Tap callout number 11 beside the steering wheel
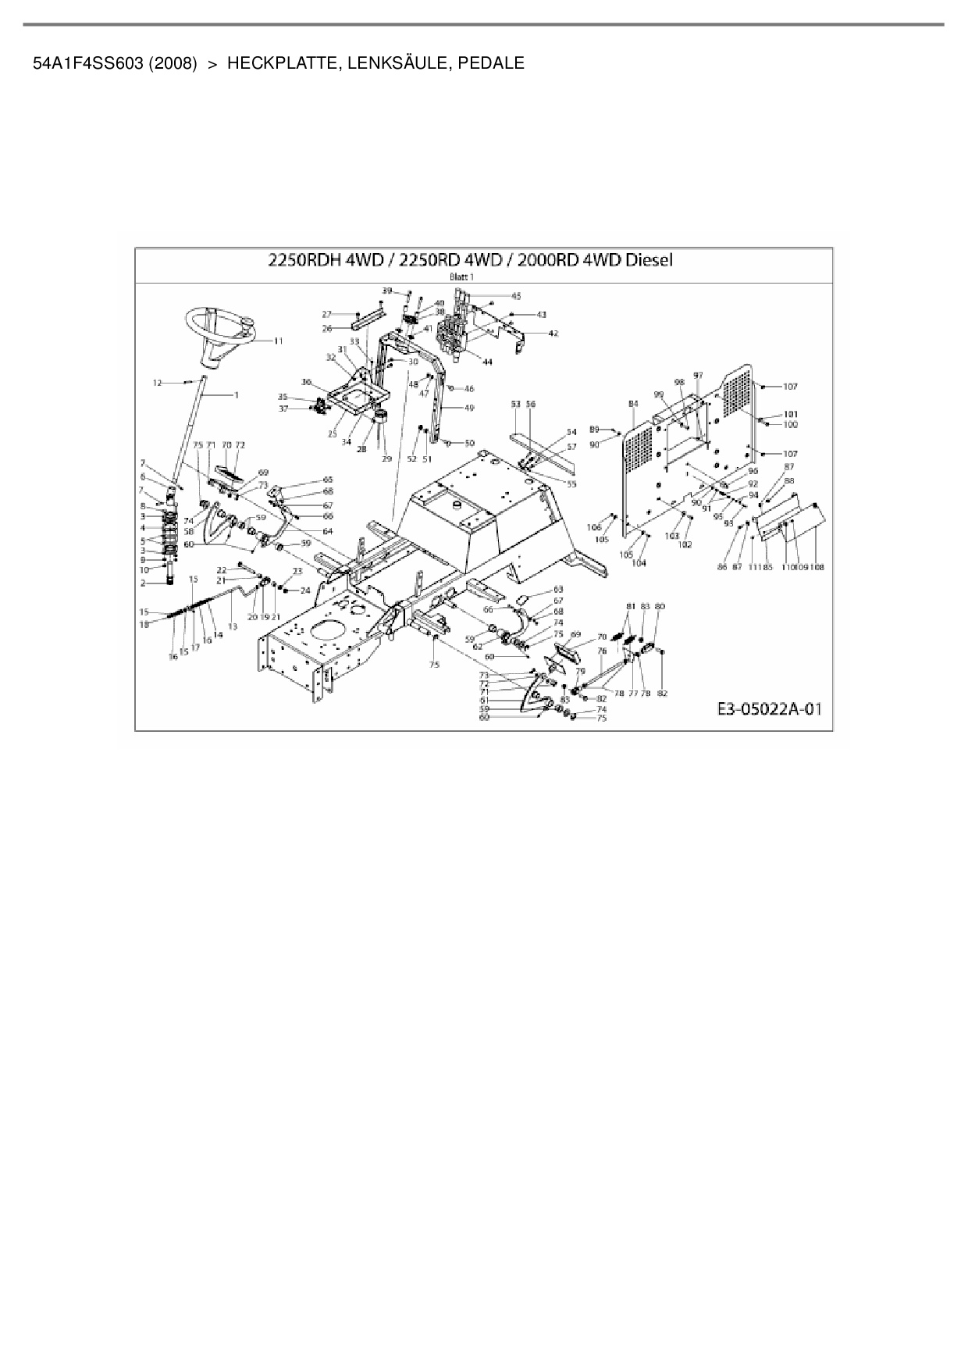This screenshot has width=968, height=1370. (279, 341)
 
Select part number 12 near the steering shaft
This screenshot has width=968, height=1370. (157, 383)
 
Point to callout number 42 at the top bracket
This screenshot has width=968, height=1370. (553, 333)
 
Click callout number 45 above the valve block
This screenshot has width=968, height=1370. (516, 296)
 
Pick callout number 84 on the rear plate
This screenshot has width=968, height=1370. (633, 403)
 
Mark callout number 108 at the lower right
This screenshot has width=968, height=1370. (817, 567)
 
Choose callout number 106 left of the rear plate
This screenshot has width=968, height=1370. (594, 527)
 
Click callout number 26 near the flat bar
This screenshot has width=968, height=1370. (327, 329)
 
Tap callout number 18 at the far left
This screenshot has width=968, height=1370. (144, 624)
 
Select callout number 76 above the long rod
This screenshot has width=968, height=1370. (602, 650)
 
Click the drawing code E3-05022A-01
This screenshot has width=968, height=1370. (769, 709)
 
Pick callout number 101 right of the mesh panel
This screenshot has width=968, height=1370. (791, 414)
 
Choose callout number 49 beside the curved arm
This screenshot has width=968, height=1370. (469, 408)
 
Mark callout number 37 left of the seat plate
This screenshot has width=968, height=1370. (283, 409)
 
